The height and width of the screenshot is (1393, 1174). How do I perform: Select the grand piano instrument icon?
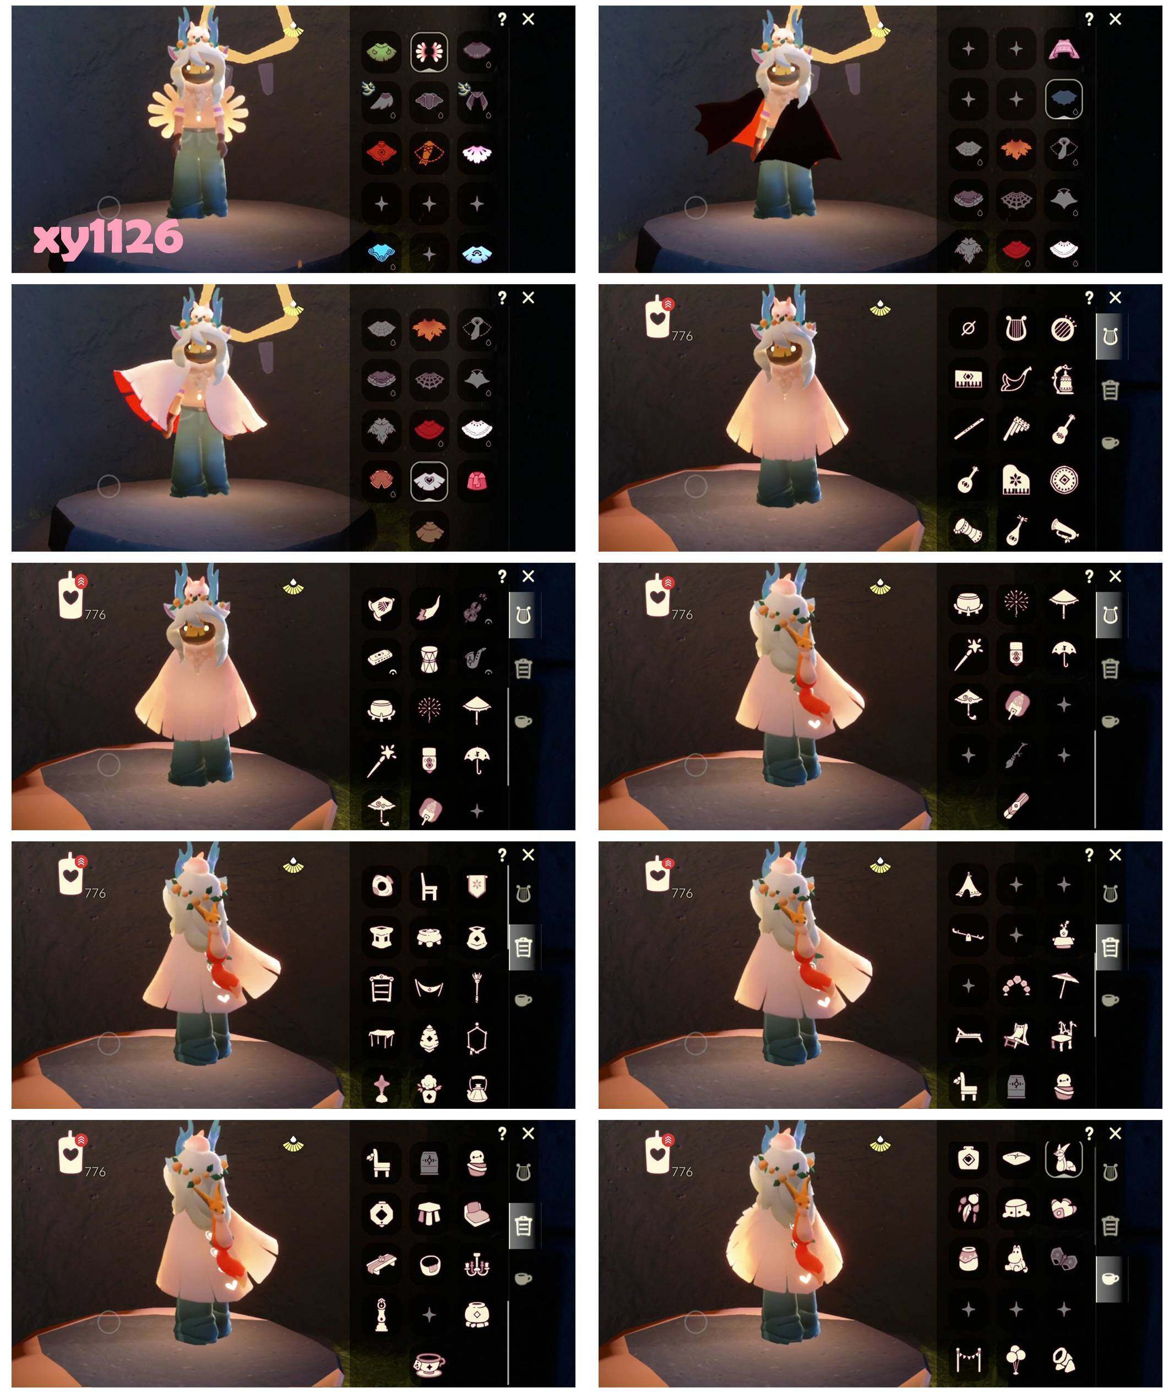[1017, 481]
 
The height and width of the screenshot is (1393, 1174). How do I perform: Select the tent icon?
[969, 884]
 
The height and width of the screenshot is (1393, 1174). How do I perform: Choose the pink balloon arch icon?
[1017, 986]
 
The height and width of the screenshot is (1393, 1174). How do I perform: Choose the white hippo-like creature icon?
[1017, 1259]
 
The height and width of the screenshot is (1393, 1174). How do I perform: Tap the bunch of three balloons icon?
[1017, 1360]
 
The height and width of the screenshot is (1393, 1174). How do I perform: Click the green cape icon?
[382, 50]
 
